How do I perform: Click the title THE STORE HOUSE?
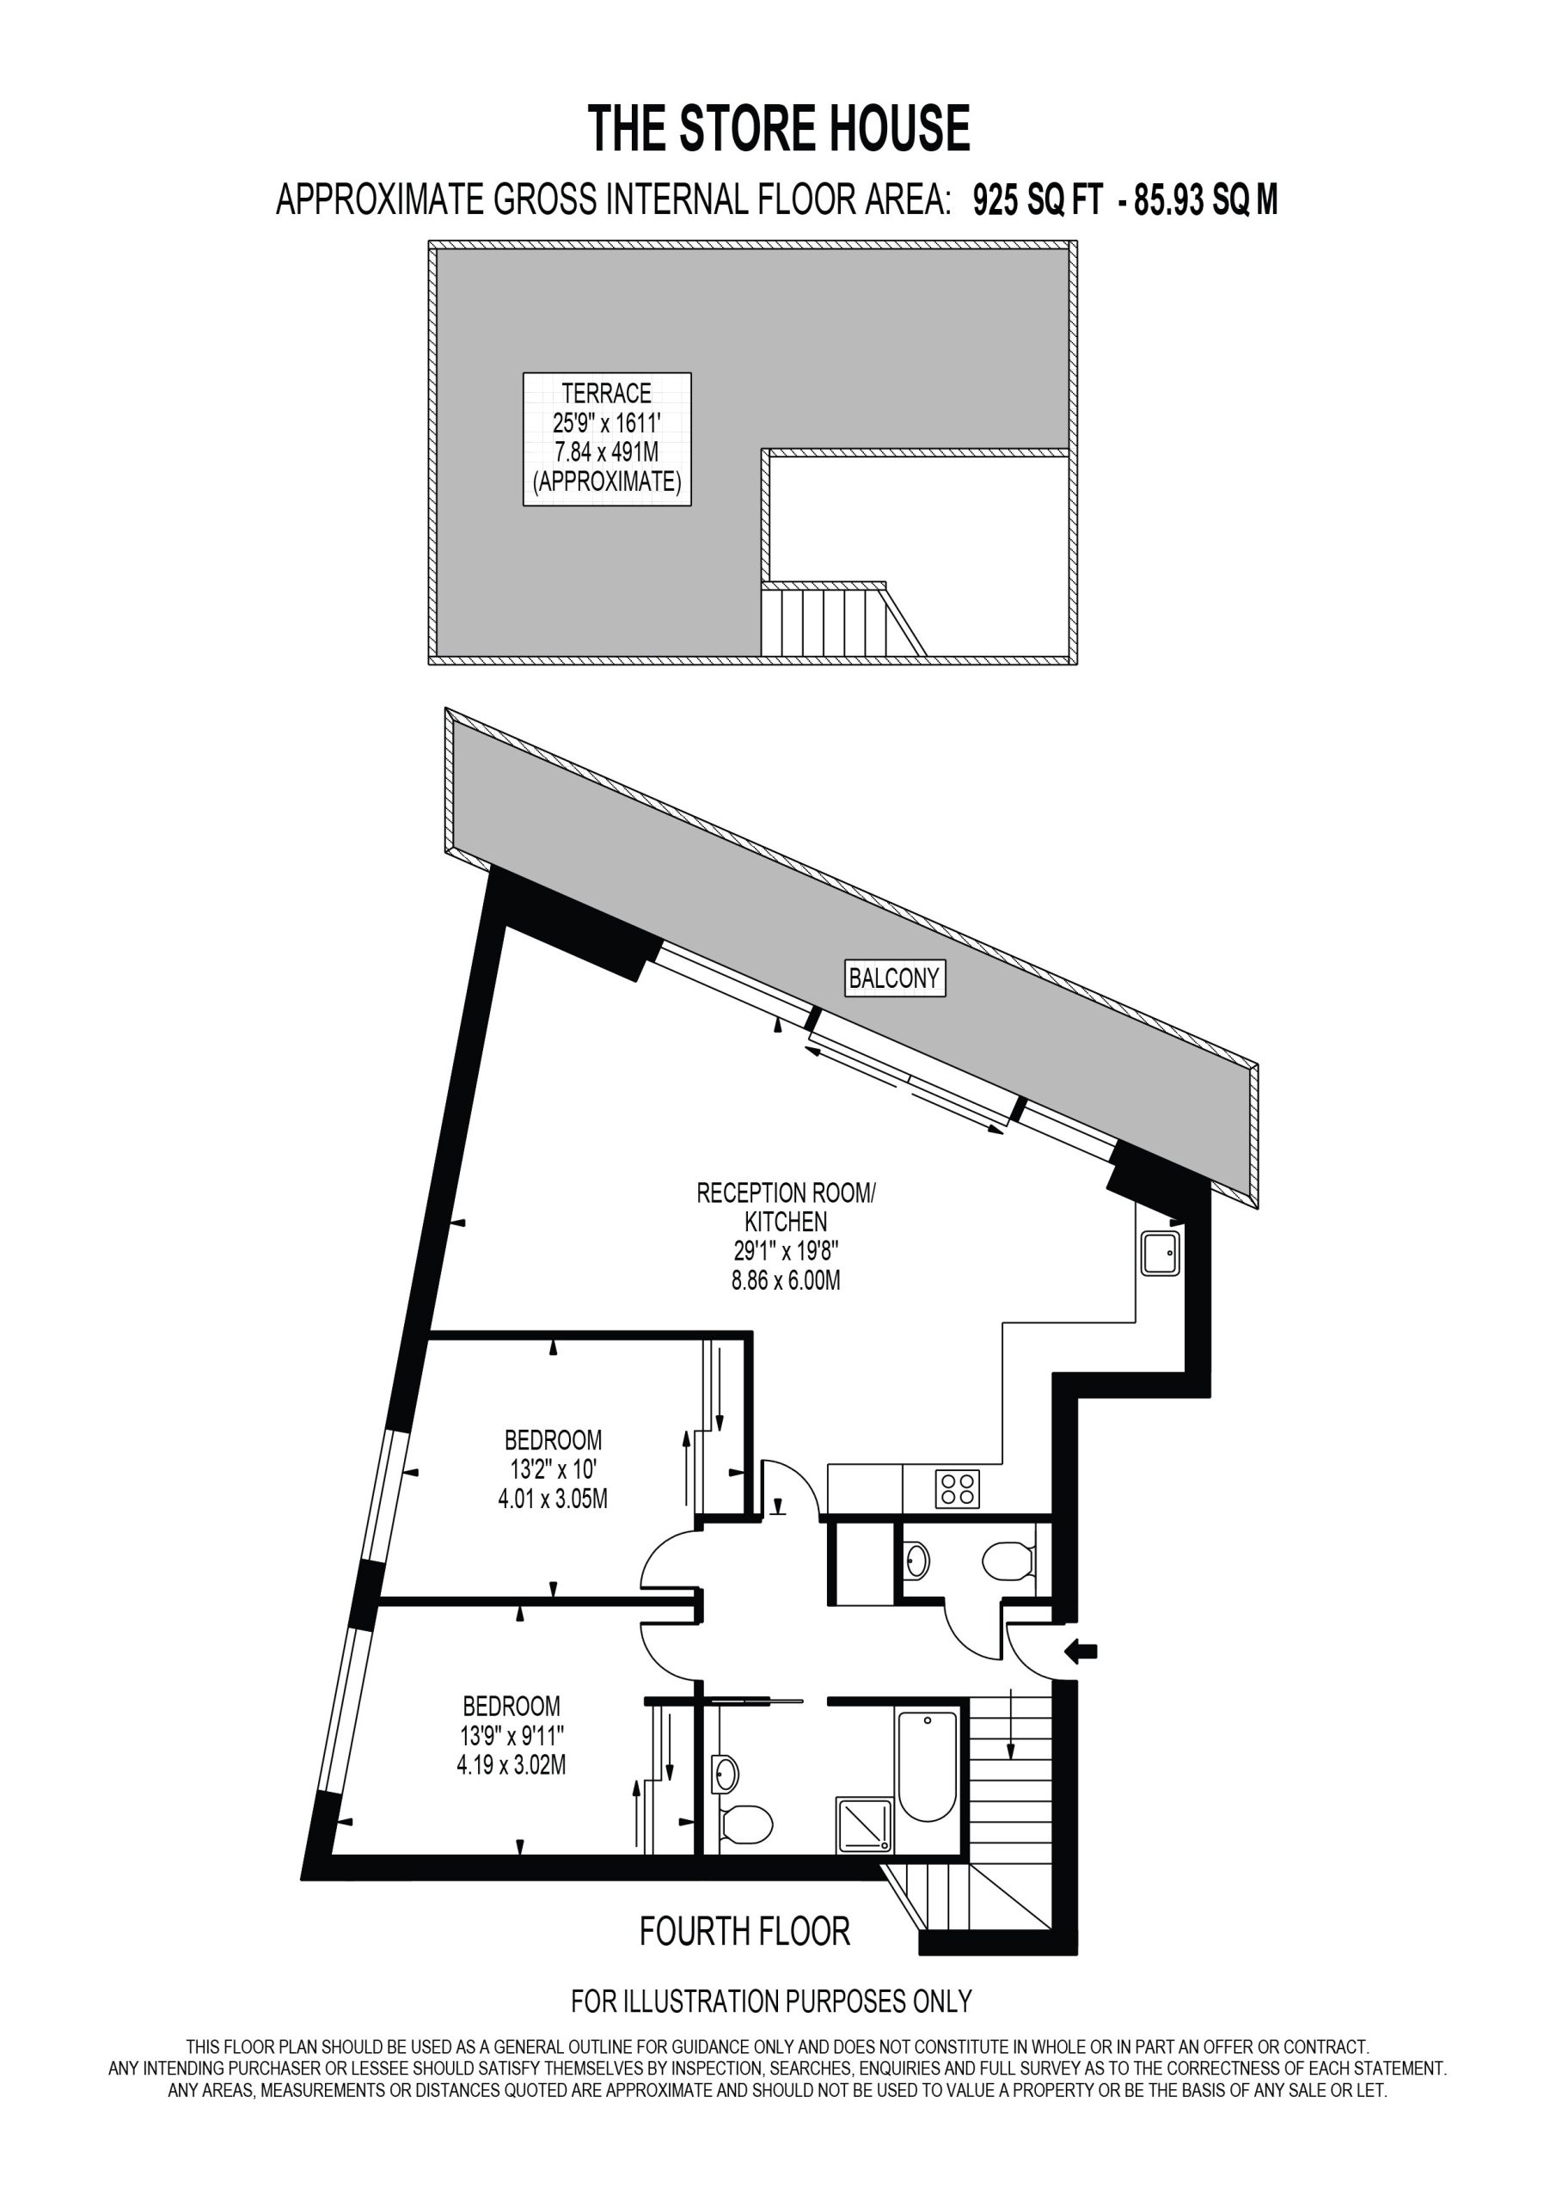pyautogui.click(x=779, y=130)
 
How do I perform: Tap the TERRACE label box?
pyautogui.click(x=607, y=439)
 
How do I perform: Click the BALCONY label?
pyautogui.click(x=894, y=978)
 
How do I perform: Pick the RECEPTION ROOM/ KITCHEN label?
pyautogui.click(x=786, y=1207)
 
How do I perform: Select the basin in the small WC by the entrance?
pyautogui.click(x=916, y=1560)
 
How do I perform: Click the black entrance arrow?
pyautogui.click(x=1081, y=1651)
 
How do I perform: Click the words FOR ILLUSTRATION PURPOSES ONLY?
pyautogui.click(x=772, y=2001)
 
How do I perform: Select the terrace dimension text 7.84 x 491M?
pyautogui.click(x=607, y=451)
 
